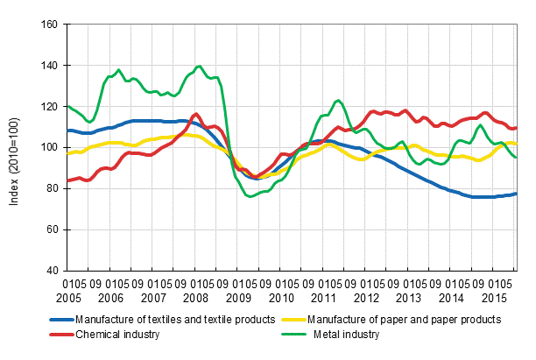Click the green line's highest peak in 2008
coord(199,66)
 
